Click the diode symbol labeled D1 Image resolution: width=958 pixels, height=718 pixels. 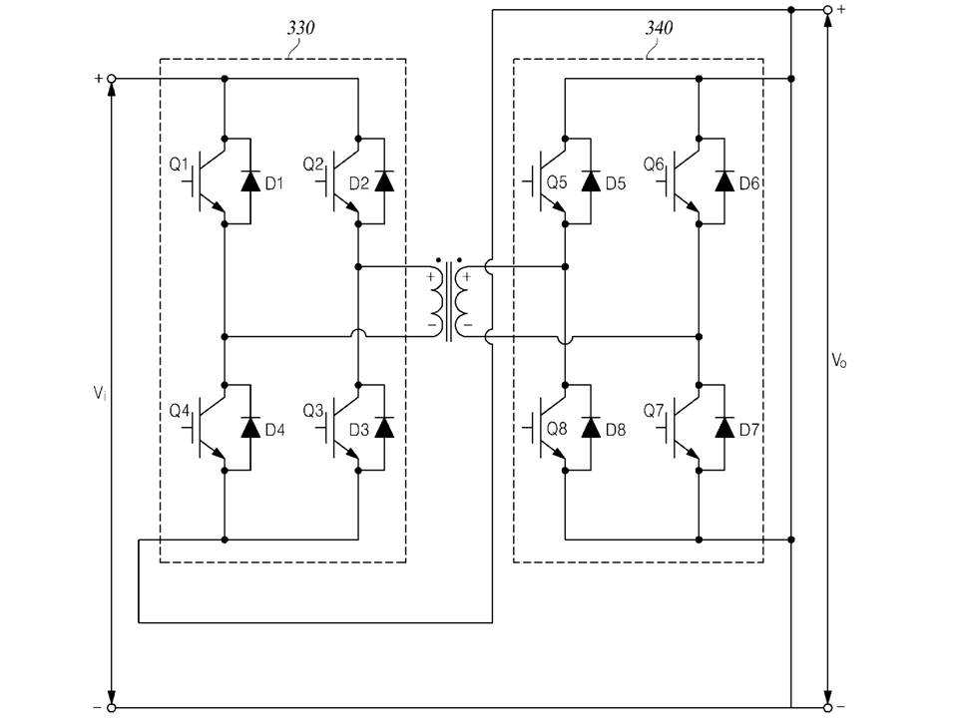[250, 181]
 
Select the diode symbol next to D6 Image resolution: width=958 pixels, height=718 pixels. [724, 181]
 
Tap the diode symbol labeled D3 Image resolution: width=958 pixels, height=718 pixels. [384, 428]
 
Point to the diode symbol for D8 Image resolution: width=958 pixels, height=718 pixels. [591, 428]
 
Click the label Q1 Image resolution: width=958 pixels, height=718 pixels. [179, 165]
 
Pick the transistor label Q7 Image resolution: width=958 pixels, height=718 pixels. [653, 411]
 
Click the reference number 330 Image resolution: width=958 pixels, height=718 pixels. [301, 28]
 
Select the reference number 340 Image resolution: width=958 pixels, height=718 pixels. [660, 28]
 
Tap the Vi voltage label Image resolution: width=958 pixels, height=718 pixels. [100, 393]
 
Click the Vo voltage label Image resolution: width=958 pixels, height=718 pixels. [839, 360]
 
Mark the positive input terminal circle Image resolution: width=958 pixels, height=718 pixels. [111, 79]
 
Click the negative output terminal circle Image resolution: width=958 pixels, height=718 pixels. [828, 708]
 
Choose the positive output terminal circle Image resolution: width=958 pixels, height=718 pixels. [828, 10]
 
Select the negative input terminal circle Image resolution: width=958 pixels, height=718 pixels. [111, 708]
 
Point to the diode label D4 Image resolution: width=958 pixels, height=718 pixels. [275, 430]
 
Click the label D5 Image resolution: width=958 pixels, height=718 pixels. [616, 183]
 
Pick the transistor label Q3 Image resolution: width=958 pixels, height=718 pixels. [313, 411]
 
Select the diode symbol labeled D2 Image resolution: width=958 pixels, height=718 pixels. [384, 181]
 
